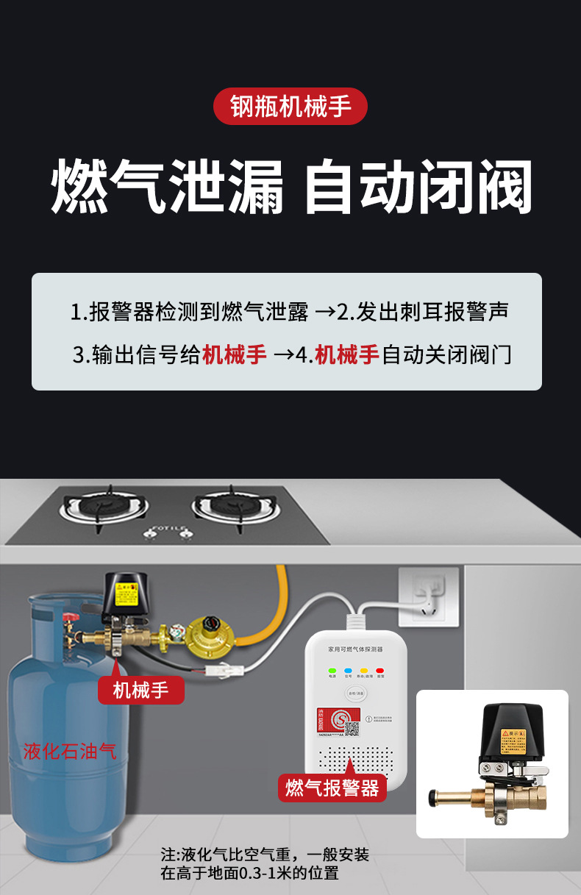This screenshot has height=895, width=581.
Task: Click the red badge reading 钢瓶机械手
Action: coord(290,106)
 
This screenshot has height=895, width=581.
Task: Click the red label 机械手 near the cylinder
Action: coord(140,690)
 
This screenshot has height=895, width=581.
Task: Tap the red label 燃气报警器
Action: coord(332,788)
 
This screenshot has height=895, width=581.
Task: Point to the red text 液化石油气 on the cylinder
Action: coord(70,751)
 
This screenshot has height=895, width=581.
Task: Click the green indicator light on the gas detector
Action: coord(332,671)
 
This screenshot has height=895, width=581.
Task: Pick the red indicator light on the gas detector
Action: coord(380,671)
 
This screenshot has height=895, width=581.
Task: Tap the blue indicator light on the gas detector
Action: coord(349,671)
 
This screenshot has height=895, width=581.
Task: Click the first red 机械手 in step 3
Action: coord(235,355)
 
